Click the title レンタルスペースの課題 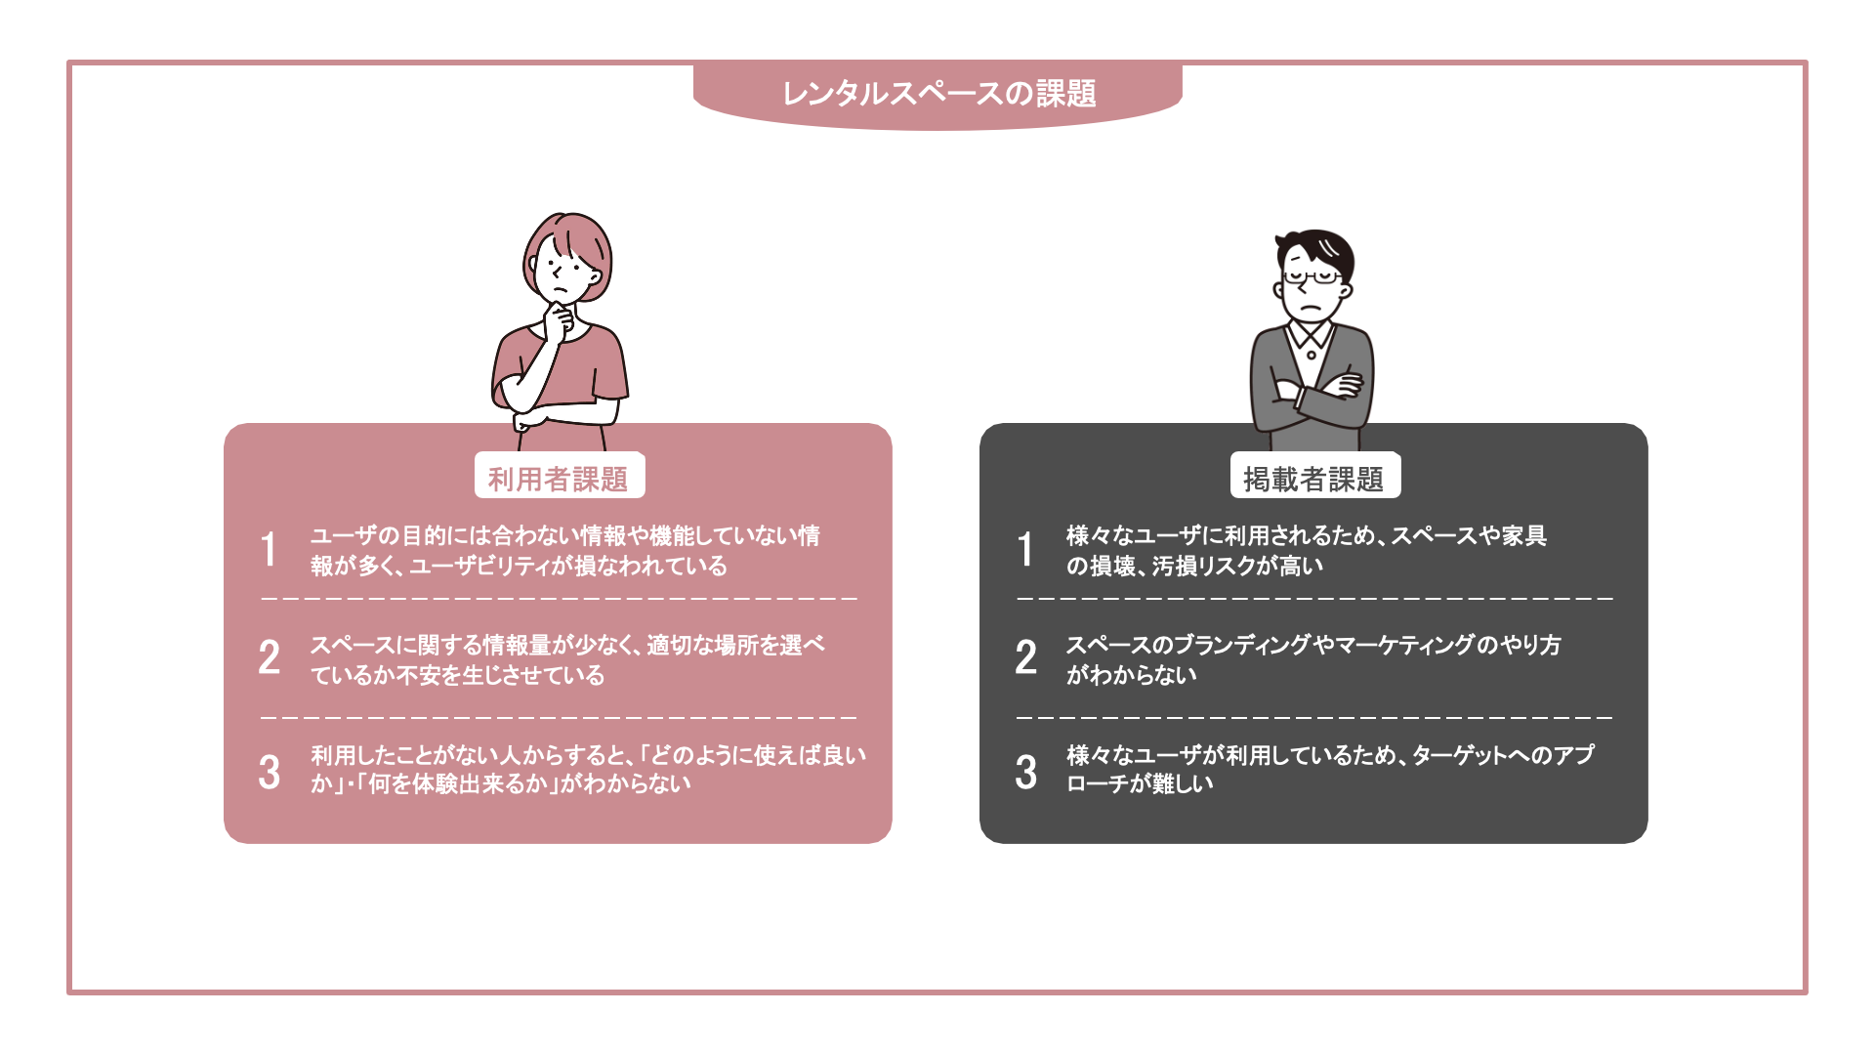tap(938, 94)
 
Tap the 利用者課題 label tap(558, 479)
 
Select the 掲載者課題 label tap(1313, 479)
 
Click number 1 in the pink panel tap(269, 549)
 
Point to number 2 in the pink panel tap(270, 657)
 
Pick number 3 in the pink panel tap(270, 772)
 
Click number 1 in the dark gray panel tap(1025, 549)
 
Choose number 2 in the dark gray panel tap(1025, 657)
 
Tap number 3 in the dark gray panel tap(1025, 772)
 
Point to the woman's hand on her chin tap(558, 318)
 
